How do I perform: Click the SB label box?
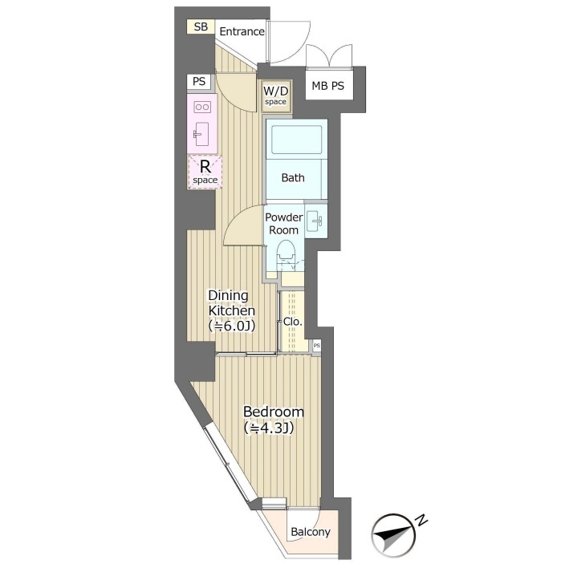point(201,26)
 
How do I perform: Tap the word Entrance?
point(242,31)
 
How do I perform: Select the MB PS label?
point(327,86)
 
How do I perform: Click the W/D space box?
point(276,95)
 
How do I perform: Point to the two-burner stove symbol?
point(202,107)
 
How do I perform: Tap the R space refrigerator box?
point(205,172)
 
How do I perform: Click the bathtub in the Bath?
point(296,140)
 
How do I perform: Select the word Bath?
point(293,178)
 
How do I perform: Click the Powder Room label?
point(283,223)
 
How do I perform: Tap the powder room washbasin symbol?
point(315,221)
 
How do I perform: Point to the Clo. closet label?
point(292,322)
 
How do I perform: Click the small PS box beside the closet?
point(317,345)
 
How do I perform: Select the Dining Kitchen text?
point(231,302)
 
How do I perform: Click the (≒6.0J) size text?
point(231,326)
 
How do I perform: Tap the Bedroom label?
point(273,412)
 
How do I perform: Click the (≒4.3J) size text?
point(269,428)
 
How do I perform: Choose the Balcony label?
point(311,532)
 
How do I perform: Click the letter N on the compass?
point(421,520)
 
